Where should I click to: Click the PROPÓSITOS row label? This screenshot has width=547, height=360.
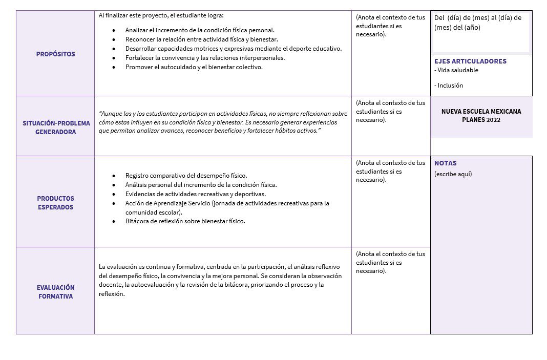pyautogui.click(x=55, y=54)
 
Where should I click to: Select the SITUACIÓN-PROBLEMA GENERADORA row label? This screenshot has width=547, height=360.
pyautogui.click(x=56, y=128)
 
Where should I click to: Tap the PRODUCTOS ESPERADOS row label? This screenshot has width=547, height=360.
pyautogui.click(x=55, y=203)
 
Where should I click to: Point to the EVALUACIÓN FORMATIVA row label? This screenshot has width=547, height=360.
pyautogui.click(x=55, y=292)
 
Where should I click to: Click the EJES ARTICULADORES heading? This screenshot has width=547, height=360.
pyautogui.click(x=470, y=61)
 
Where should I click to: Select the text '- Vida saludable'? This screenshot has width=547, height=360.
pyautogui.click(x=456, y=70)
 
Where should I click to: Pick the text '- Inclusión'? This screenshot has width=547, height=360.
pyautogui.click(x=449, y=86)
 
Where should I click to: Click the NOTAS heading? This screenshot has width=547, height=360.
pyautogui.click(x=446, y=163)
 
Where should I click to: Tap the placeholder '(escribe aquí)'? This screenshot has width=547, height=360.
pyautogui.click(x=453, y=174)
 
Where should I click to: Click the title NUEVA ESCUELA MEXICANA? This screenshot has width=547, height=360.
pyautogui.click(x=481, y=111)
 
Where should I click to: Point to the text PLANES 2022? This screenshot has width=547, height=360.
pyautogui.click(x=481, y=120)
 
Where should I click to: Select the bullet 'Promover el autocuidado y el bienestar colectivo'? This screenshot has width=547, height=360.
pyautogui.click(x=194, y=67)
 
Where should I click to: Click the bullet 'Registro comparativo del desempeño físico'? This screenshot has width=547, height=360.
pyautogui.click(x=186, y=176)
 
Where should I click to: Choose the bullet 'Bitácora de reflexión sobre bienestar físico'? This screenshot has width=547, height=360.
pyautogui.click(x=185, y=221)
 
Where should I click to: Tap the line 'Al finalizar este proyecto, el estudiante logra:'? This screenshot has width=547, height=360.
pyautogui.click(x=161, y=15)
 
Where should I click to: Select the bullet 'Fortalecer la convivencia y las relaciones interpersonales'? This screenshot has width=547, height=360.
pyautogui.click(x=205, y=58)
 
